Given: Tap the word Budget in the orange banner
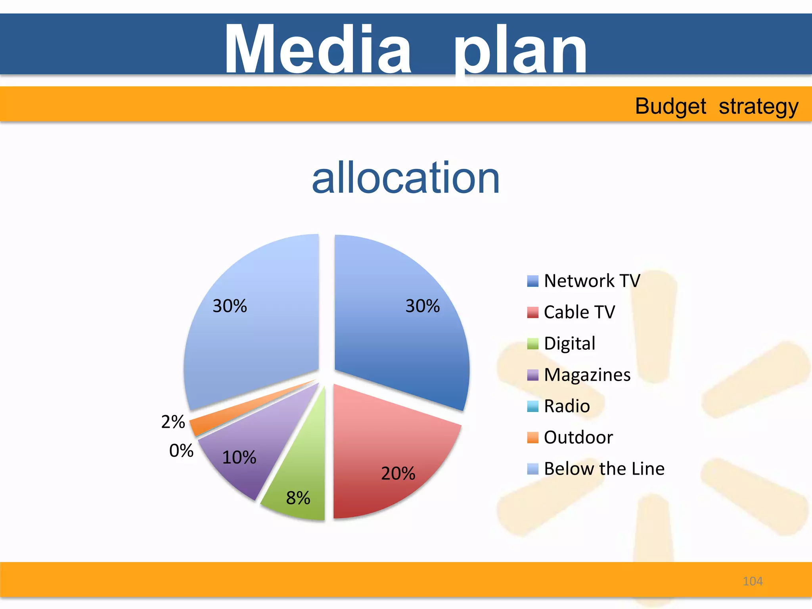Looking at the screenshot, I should click(x=670, y=106).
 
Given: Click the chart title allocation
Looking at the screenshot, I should click(x=406, y=178).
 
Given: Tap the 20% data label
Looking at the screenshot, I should click(x=398, y=473).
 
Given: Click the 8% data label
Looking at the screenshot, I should click(x=298, y=498).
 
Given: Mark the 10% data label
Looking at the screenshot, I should click(x=239, y=458).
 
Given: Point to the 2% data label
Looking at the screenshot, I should click(x=173, y=422).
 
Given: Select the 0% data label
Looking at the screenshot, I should click(x=181, y=451).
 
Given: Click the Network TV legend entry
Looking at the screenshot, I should click(x=592, y=281).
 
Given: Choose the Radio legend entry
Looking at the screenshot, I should click(x=567, y=406).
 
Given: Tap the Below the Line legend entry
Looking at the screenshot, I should click(x=604, y=469).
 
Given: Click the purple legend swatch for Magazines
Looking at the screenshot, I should click(x=533, y=375).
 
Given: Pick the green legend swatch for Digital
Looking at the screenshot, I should click(x=533, y=343).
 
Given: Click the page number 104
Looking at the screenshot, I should click(x=753, y=581).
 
